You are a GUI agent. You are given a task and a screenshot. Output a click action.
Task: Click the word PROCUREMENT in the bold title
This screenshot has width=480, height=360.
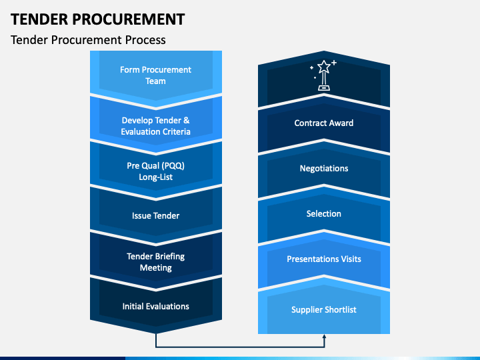[128, 19]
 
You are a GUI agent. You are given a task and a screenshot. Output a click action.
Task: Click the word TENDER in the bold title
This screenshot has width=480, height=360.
[39, 19]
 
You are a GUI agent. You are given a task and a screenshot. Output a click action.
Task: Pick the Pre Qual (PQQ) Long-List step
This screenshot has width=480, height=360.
[156, 171]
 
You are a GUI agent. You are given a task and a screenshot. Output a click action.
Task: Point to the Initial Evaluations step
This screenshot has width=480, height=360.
[156, 306]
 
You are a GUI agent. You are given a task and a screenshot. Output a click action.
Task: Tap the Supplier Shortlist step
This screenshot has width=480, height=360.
[324, 310]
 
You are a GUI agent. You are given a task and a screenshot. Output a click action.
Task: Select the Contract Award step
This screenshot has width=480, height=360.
[324, 123]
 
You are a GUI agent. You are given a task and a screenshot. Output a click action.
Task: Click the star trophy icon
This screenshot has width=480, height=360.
[323, 75]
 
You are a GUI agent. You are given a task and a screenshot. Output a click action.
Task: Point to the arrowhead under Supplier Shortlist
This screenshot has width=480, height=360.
[324, 337]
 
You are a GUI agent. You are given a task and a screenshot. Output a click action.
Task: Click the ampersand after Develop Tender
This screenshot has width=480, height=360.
[187, 120]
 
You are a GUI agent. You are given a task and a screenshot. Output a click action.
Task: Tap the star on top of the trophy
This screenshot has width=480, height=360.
[324, 67]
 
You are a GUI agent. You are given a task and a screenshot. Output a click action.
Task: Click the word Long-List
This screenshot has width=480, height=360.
[156, 177]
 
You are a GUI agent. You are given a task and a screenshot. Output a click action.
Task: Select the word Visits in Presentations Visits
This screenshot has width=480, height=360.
[351, 259]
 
